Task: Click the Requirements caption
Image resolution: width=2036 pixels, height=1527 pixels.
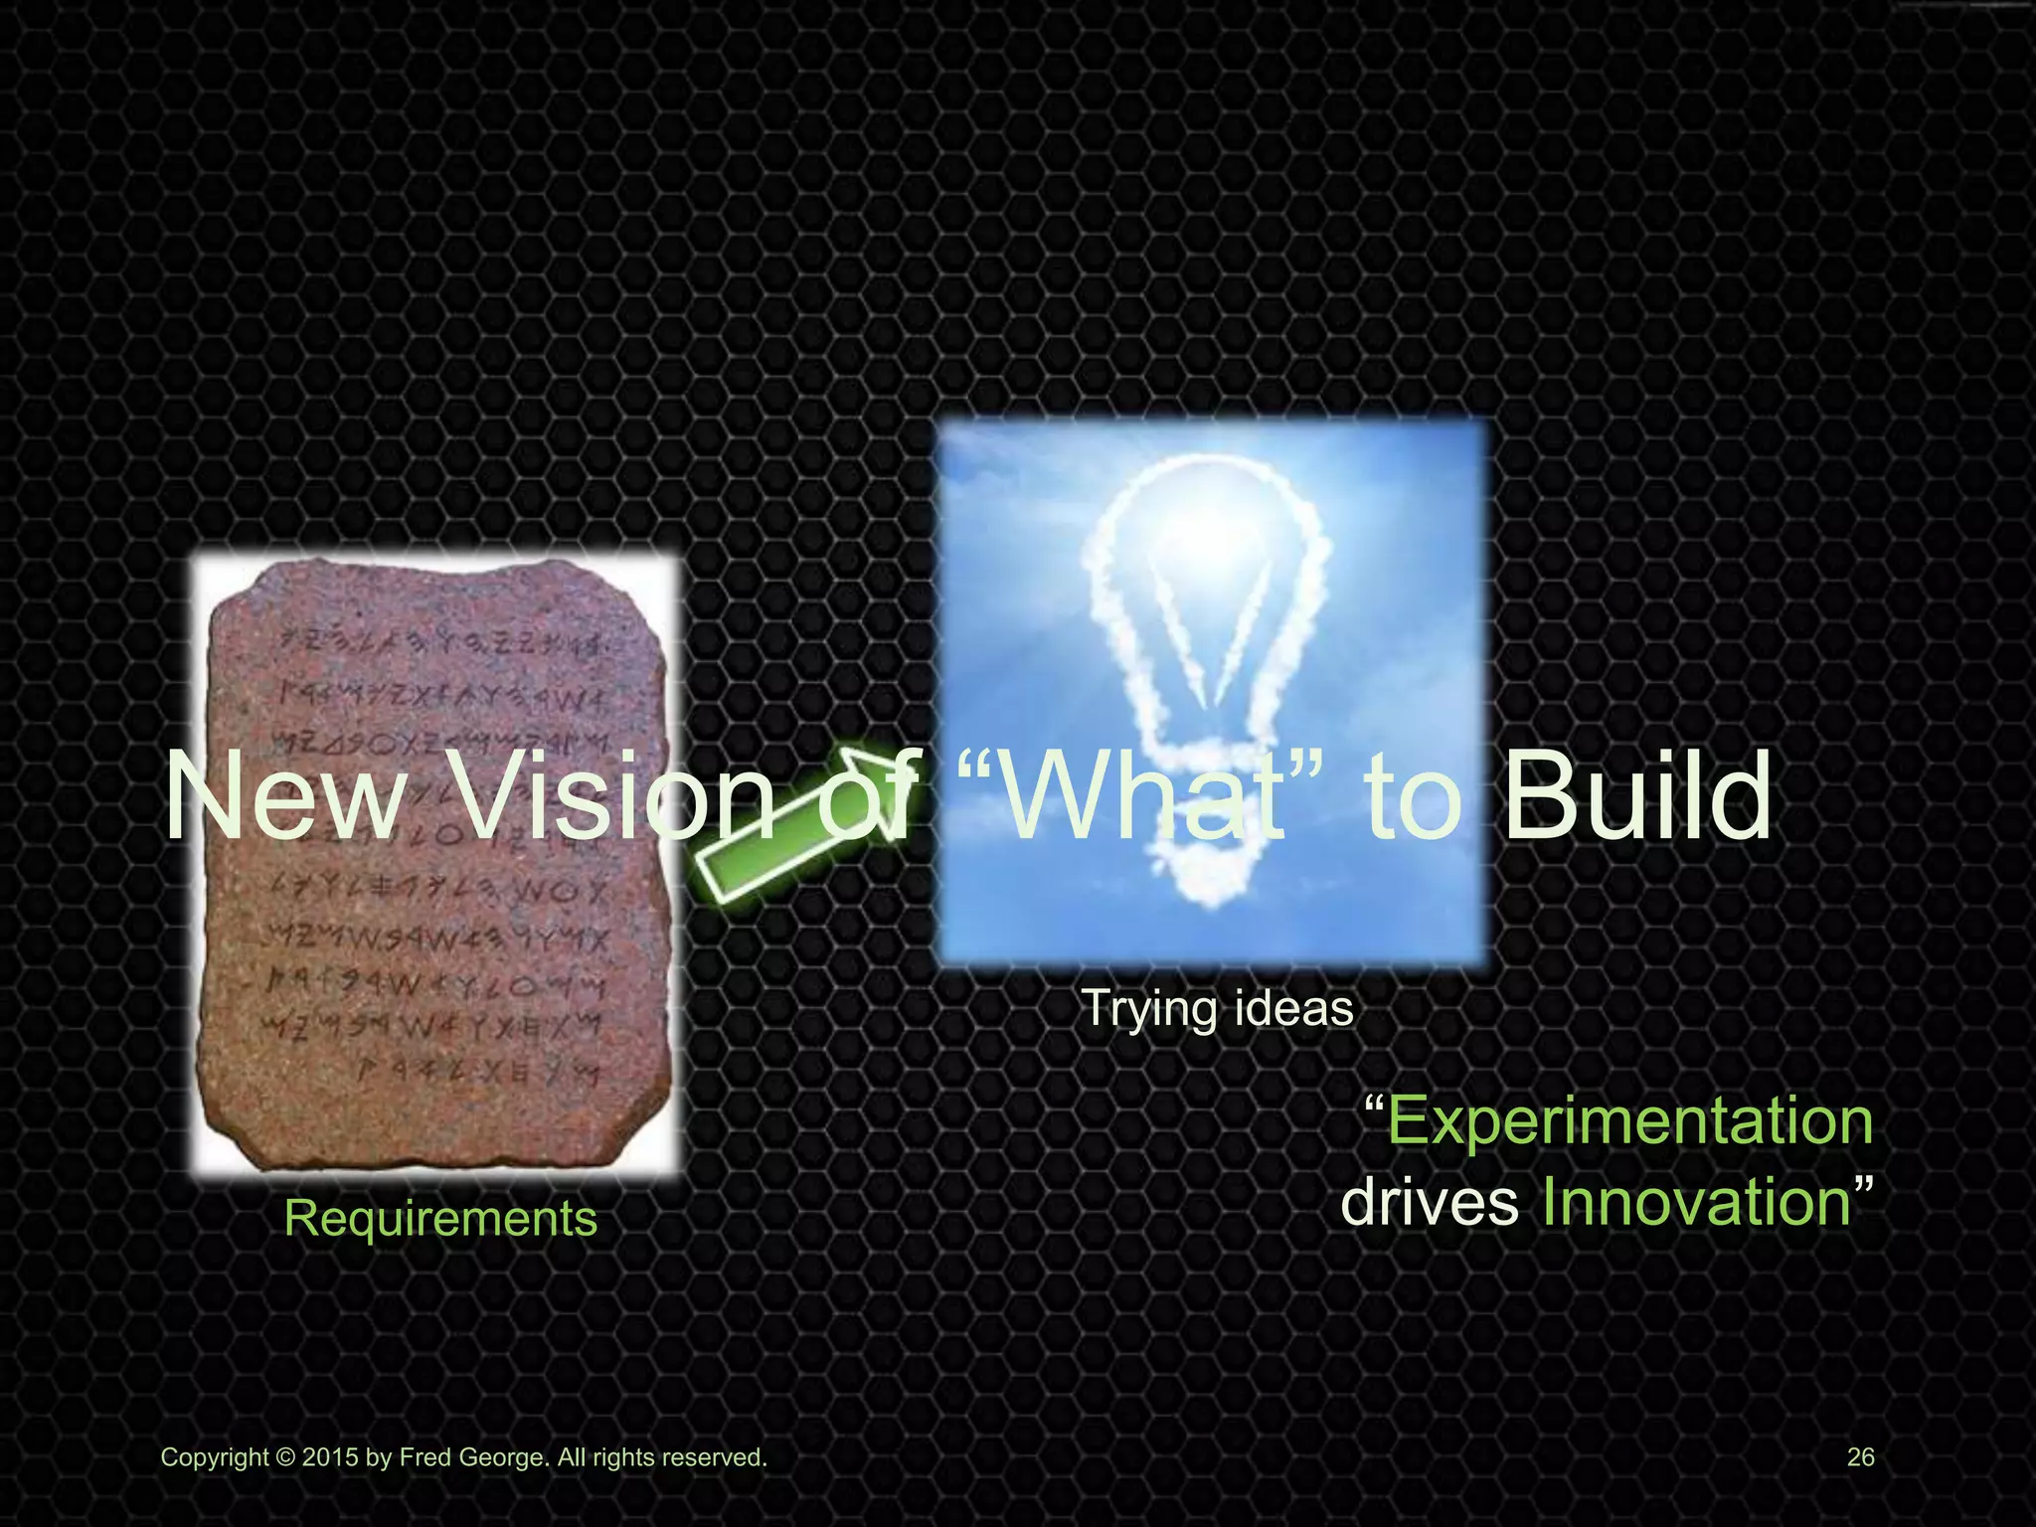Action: tap(440, 1218)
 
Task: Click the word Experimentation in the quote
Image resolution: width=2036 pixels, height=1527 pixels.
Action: tap(1629, 1121)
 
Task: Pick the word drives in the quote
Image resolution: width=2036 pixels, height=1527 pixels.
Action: tap(1430, 1202)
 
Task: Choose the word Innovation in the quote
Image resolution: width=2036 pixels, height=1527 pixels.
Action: tap(1696, 1202)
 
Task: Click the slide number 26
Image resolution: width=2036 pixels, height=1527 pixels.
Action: tap(1860, 1457)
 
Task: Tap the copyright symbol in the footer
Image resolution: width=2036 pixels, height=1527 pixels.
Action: tap(285, 1458)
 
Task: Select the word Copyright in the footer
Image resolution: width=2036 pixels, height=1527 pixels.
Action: tap(215, 1458)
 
